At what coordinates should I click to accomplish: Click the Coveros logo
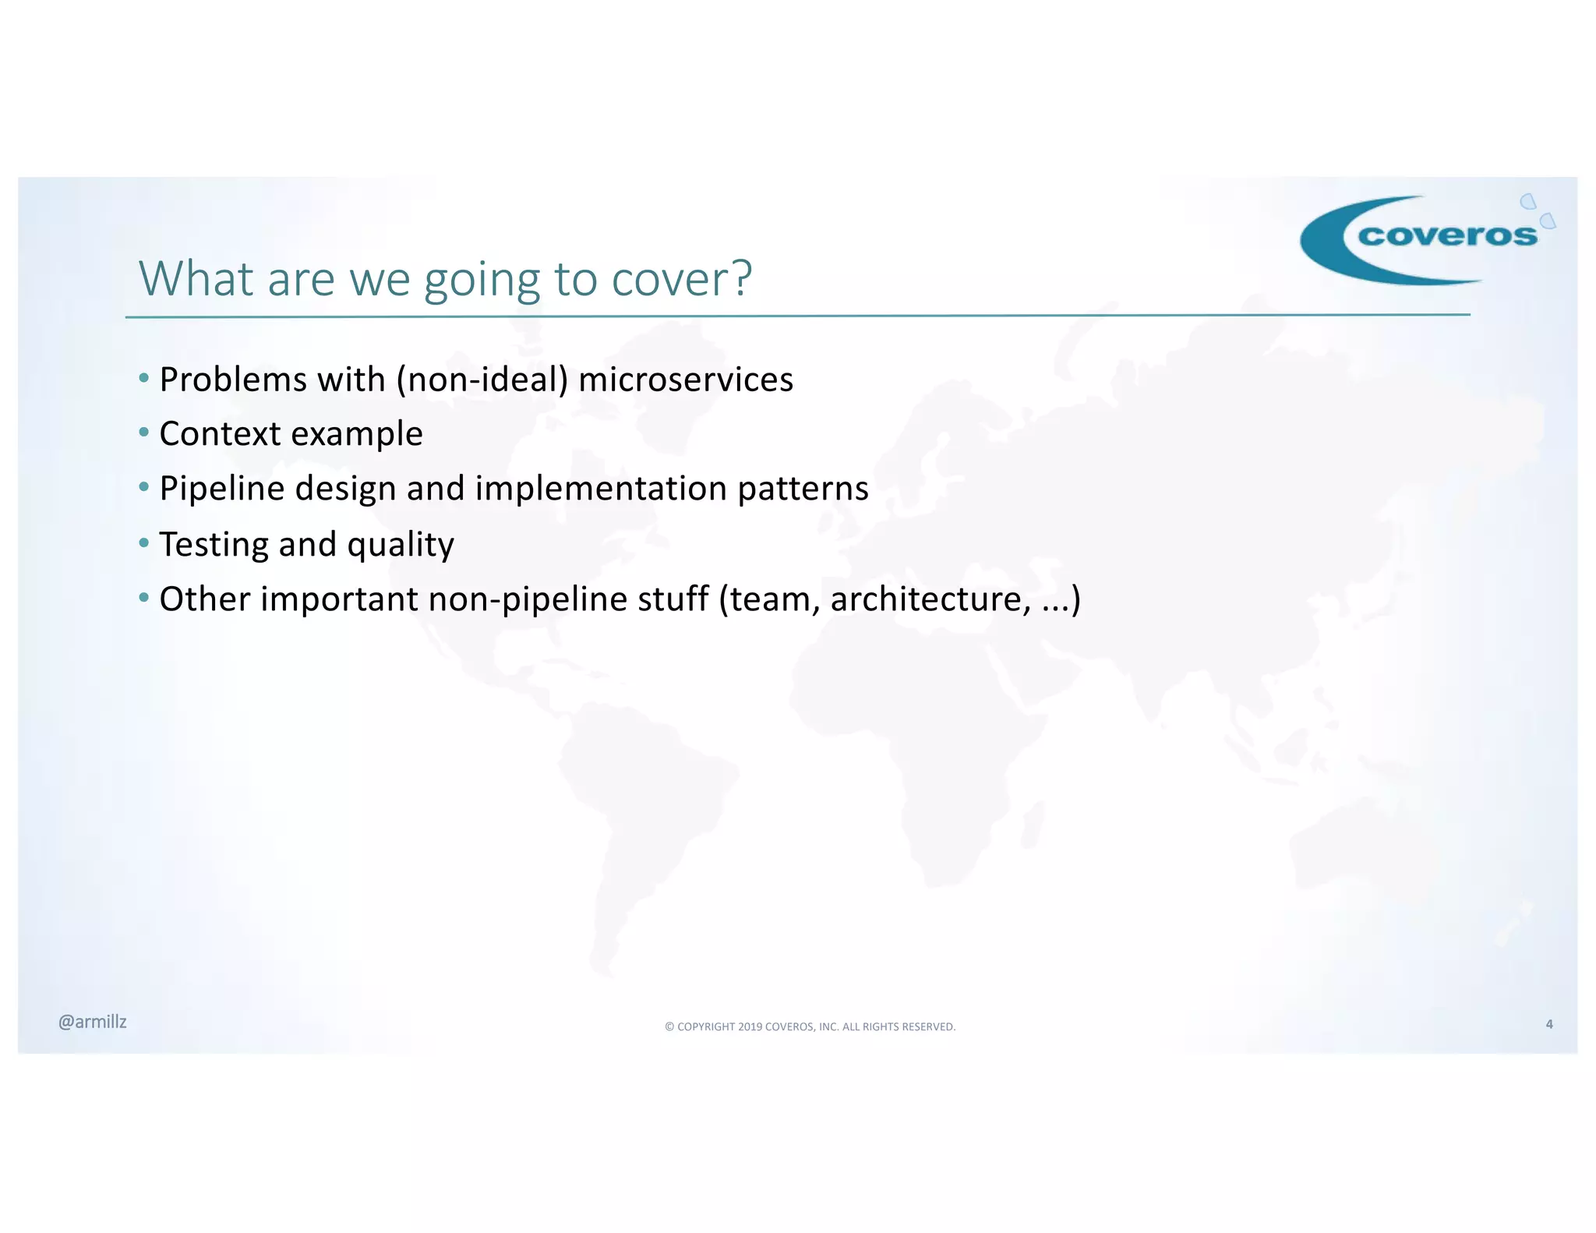[x=1426, y=238]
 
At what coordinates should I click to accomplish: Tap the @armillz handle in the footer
[x=92, y=1022]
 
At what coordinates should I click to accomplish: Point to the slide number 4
[x=1549, y=1024]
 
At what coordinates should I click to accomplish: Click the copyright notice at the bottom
[x=810, y=1026]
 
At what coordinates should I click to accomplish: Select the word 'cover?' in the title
[x=682, y=278]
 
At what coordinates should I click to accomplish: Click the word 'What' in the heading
[x=196, y=278]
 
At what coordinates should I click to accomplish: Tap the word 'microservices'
[x=686, y=380]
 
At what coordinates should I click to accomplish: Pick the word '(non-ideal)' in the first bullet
[x=482, y=380]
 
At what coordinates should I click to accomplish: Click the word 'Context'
[x=220, y=433]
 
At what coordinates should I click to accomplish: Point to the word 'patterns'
[x=803, y=489]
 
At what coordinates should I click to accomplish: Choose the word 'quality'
[x=401, y=545]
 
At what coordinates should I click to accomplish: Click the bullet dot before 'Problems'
[x=143, y=379]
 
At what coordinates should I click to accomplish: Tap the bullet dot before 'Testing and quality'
[x=143, y=542]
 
